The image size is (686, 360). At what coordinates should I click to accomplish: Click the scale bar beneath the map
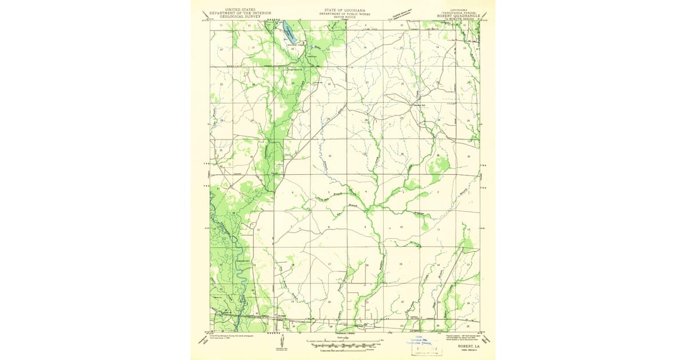[x=343, y=345]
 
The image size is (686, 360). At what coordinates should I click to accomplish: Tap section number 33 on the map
[x=365, y=154]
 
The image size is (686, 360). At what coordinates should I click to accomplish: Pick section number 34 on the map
[x=402, y=154]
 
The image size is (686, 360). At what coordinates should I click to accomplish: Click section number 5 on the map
[x=329, y=193]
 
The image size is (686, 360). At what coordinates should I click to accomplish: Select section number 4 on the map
[x=366, y=191]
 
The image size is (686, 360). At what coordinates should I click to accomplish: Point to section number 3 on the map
[x=403, y=192]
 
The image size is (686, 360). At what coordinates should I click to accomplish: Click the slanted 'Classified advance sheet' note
[x=406, y=13]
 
